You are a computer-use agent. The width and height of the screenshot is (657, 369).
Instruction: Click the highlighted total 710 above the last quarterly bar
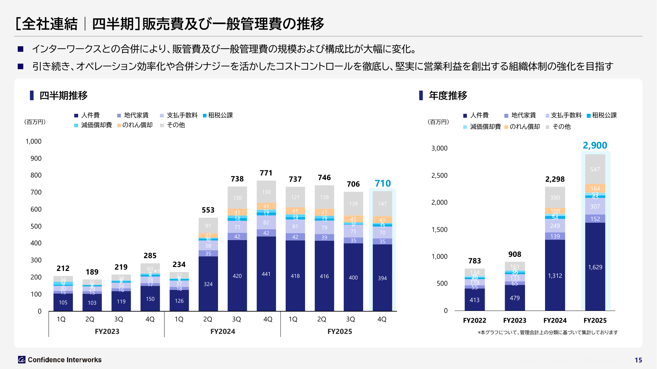[383, 183]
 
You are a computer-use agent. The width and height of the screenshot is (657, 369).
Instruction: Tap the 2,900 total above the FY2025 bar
[595, 145]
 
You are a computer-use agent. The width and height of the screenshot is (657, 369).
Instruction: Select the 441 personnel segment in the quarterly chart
[266, 274]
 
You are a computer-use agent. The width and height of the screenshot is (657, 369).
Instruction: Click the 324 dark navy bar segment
[208, 284]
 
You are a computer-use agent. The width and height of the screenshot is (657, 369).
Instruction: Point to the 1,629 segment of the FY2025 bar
[595, 267]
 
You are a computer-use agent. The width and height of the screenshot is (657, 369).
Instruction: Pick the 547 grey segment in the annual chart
[595, 169]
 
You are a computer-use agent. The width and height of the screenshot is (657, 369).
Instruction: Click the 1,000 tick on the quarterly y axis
[33, 141]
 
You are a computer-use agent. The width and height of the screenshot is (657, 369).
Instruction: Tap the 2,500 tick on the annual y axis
[439, 175]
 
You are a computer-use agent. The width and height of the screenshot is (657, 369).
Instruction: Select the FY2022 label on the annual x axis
[474, 320]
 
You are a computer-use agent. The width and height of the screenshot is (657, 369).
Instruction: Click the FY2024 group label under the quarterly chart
[223, 332]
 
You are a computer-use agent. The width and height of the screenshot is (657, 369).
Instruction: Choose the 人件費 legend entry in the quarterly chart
[87, 115]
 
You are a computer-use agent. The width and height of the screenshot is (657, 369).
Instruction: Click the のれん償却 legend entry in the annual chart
[522, 127]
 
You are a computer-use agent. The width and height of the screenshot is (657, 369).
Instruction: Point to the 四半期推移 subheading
[63, 95]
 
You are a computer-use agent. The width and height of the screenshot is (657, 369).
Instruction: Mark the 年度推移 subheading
[448, 95]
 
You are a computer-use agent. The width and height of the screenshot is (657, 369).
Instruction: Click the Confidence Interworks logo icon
[22, 360]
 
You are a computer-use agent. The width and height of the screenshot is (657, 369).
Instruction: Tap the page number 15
[638, 360]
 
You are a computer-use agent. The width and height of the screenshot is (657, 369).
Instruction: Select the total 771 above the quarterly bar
[266, 173]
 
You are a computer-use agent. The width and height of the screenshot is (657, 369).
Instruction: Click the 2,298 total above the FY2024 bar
[555, 179]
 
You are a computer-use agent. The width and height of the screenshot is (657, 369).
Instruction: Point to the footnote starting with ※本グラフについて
[548, 333]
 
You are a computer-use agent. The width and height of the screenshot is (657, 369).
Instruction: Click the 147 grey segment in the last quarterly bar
[382, 204]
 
